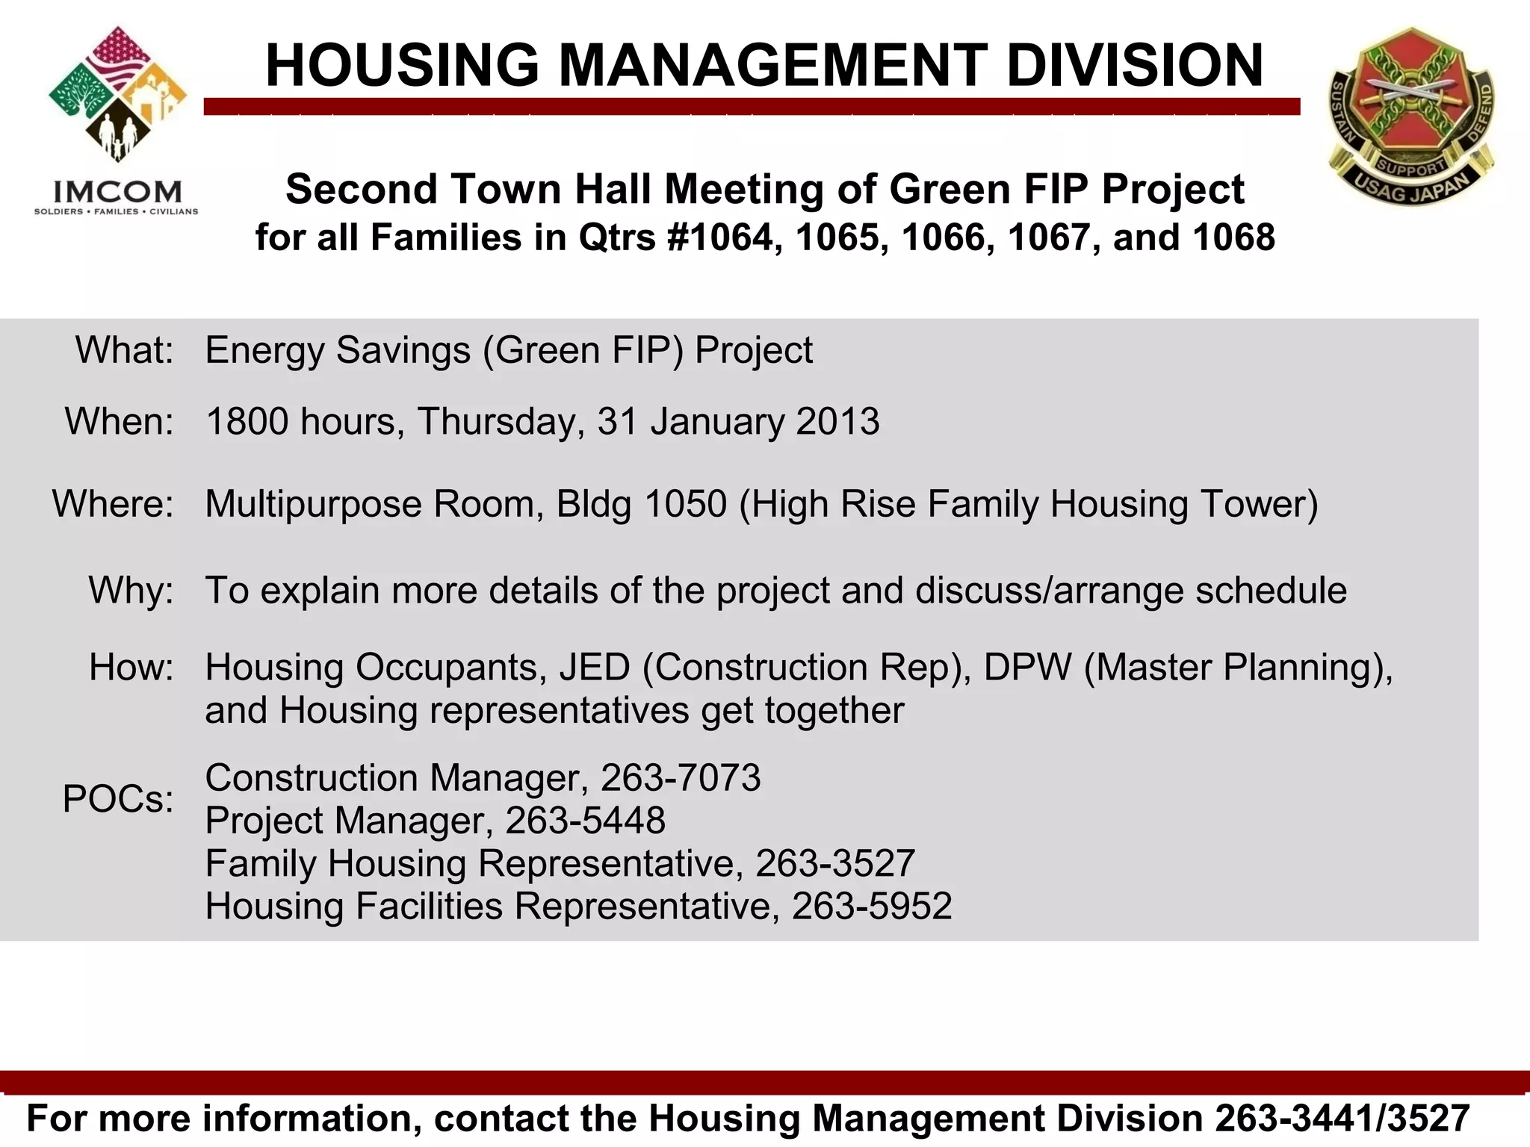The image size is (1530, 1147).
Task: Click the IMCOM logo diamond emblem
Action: (117, 95)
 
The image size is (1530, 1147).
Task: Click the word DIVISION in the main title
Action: (1134, 66)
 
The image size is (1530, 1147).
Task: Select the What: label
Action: (125, 350)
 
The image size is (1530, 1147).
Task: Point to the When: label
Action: (120, 421)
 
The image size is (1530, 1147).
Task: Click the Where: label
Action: (113, 503)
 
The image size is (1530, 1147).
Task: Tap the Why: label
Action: (131, 590)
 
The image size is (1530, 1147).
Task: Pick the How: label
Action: (131, 667)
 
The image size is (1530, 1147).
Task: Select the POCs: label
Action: (118, 799)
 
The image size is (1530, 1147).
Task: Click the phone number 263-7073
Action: (681, 778)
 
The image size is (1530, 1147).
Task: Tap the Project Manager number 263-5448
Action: (585, 821)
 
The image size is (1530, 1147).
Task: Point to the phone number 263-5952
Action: (872, 907)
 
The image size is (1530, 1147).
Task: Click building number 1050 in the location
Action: (685, 504)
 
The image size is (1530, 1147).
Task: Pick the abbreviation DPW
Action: (1027, 667)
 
